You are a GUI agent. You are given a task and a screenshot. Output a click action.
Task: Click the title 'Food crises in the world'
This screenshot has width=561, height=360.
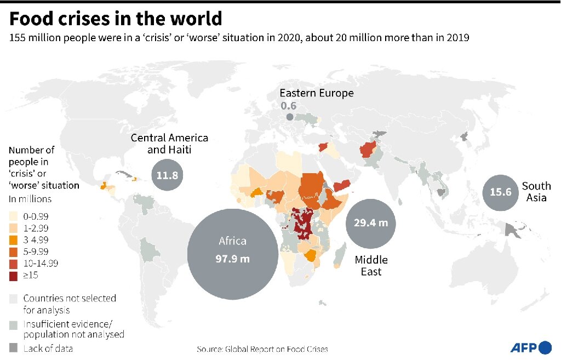(x=116, y=19)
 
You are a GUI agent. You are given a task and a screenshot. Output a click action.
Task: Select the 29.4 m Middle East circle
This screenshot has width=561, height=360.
(x=370, y=223)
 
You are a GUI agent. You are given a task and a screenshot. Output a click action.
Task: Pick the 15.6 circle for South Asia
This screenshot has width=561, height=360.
(x=500, y=192)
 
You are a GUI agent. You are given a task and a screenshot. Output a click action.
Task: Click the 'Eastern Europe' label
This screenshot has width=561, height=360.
(x=317, y=93)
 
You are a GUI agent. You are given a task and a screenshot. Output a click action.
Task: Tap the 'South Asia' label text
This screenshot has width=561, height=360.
(x=536, y=192)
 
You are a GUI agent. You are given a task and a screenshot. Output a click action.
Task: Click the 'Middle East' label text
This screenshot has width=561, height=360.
(x=370, y=265)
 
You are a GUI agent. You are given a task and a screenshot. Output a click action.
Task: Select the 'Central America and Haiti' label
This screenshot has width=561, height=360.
(x=169, y=144)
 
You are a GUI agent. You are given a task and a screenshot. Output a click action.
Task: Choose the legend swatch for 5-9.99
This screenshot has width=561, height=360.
(x=14, y=252)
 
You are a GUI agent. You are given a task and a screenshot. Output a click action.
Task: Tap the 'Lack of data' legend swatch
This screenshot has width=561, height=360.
(x=14, y=348)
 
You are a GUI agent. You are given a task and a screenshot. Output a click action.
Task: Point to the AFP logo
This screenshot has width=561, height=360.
(x=531, y=347)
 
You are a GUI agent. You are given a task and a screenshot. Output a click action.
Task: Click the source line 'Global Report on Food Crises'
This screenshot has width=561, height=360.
(x=262, y=348)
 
